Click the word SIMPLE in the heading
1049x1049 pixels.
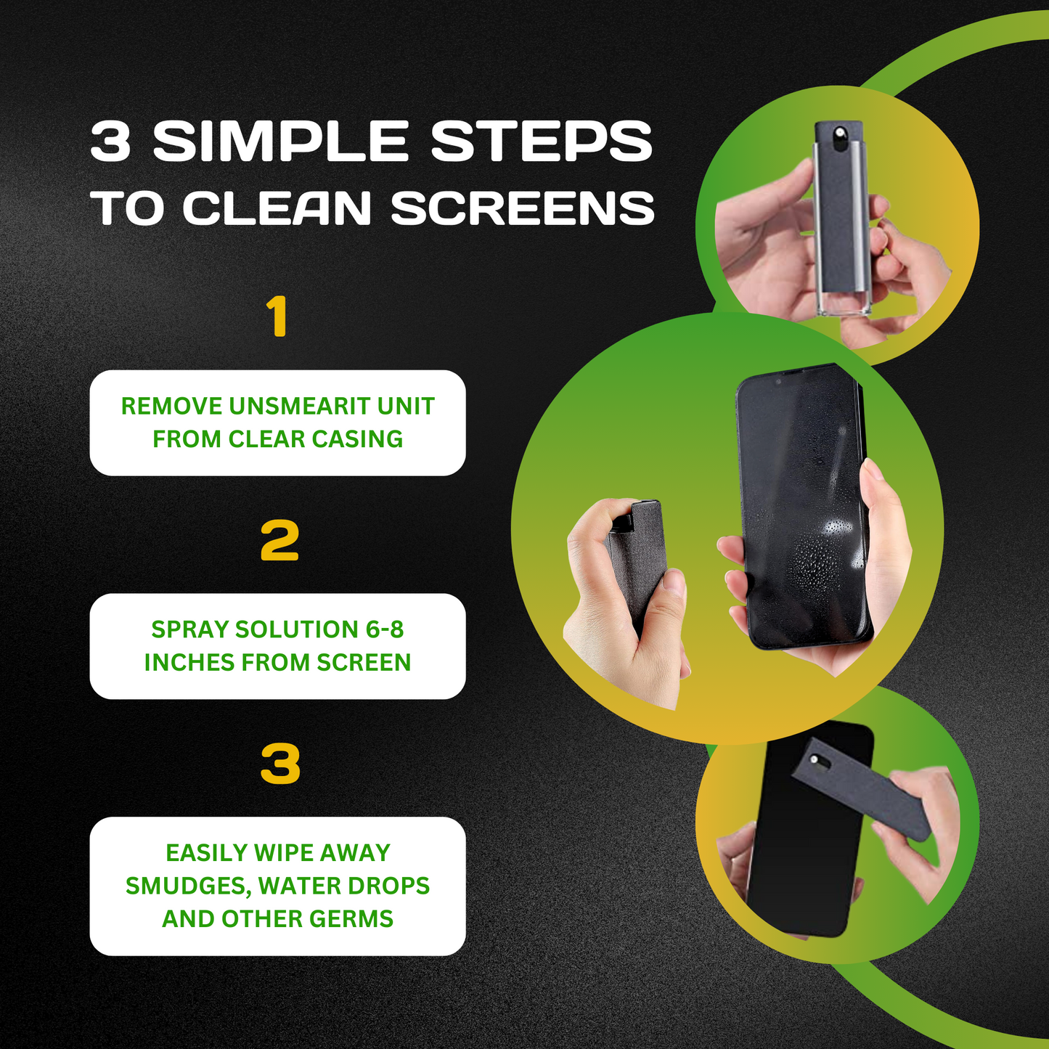(x=279, y=140)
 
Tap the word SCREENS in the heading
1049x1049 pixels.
(x=523, y=208)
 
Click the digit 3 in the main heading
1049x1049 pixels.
(x=110, y=140)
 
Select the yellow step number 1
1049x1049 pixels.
(x=277, y=317)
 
